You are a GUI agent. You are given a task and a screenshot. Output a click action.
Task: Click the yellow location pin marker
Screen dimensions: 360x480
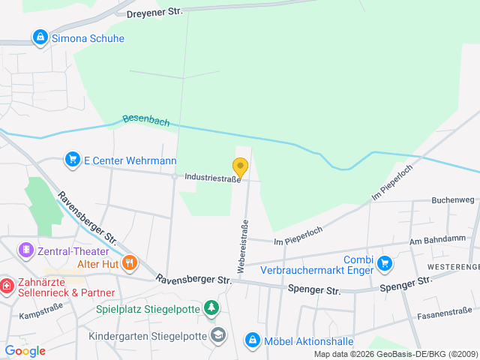(240, 166)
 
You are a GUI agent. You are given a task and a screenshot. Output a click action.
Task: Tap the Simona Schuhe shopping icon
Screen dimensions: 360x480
(39, 37)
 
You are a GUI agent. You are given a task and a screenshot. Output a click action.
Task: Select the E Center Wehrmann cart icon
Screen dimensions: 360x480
(73, 160)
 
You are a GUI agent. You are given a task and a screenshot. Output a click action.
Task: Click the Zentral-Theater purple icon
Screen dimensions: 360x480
(26, 249)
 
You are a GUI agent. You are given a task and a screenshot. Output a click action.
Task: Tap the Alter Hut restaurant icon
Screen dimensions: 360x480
(130, 262)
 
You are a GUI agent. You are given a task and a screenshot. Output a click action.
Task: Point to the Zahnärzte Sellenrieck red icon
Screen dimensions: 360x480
(6, 286)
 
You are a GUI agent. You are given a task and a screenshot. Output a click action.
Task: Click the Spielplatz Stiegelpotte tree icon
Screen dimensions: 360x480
(212, 307)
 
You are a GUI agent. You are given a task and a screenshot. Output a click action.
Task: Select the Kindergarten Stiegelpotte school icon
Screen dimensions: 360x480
(217, 334)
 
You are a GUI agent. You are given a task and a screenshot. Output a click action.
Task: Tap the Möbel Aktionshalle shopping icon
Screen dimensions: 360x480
(252, 341)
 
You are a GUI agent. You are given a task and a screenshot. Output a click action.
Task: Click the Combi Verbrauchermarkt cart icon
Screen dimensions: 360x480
(385, 263)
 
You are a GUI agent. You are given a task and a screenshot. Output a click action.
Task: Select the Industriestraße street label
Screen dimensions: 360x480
(212, 178)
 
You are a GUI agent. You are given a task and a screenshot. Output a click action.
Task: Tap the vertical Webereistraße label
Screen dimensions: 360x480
(244, 244)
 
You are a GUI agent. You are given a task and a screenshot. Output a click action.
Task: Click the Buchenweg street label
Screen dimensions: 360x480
(453, 200)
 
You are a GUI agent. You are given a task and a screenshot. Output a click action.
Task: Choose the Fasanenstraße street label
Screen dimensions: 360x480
(445, 310)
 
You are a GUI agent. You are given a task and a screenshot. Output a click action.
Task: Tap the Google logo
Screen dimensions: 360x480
(25, 351)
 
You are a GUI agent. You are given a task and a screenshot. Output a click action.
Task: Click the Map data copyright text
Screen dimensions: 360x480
(394, 354)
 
